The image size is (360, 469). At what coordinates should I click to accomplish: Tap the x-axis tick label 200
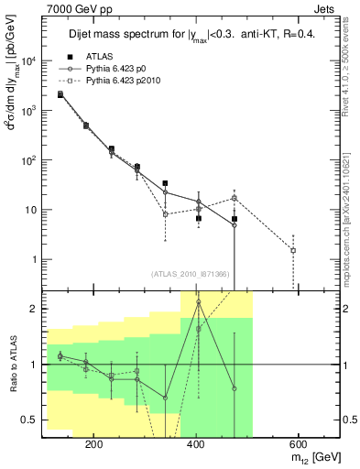coord(93,442)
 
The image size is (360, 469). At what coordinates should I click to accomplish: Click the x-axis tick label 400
coord(195,442)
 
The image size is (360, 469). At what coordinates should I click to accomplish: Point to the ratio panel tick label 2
coord(34,309)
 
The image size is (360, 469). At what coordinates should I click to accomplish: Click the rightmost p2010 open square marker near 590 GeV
coord(293,250)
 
